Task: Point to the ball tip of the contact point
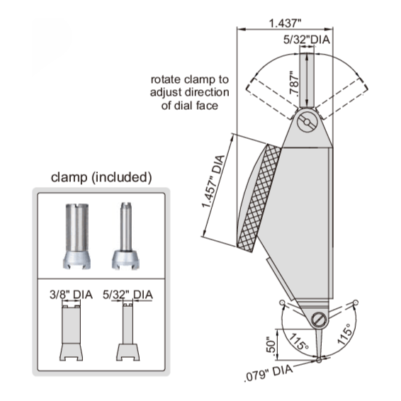coord(320,360)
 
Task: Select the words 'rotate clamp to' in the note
coord(187,79)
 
